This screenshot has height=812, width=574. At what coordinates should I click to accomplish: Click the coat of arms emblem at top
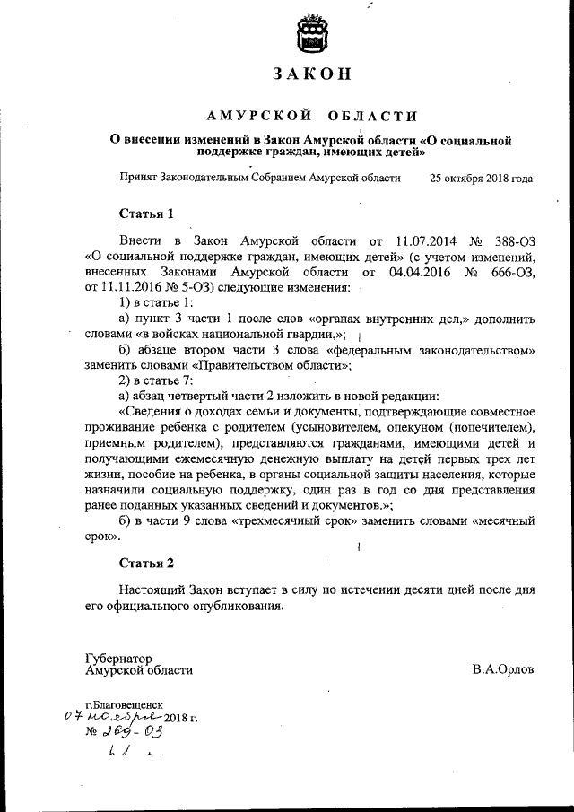point(312,36)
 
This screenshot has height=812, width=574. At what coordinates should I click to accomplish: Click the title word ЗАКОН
point(312,74)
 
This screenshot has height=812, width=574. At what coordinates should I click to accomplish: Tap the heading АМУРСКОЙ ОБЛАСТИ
point(312,116)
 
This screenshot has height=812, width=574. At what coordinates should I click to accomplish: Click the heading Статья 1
point(145,214)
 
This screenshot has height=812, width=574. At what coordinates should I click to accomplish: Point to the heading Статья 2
point(146,563)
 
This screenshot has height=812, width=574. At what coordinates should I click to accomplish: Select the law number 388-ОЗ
point(513,242)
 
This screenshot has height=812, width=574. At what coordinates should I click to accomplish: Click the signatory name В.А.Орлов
point(502,669)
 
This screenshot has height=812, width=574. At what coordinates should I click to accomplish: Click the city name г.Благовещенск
point(125,705)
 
